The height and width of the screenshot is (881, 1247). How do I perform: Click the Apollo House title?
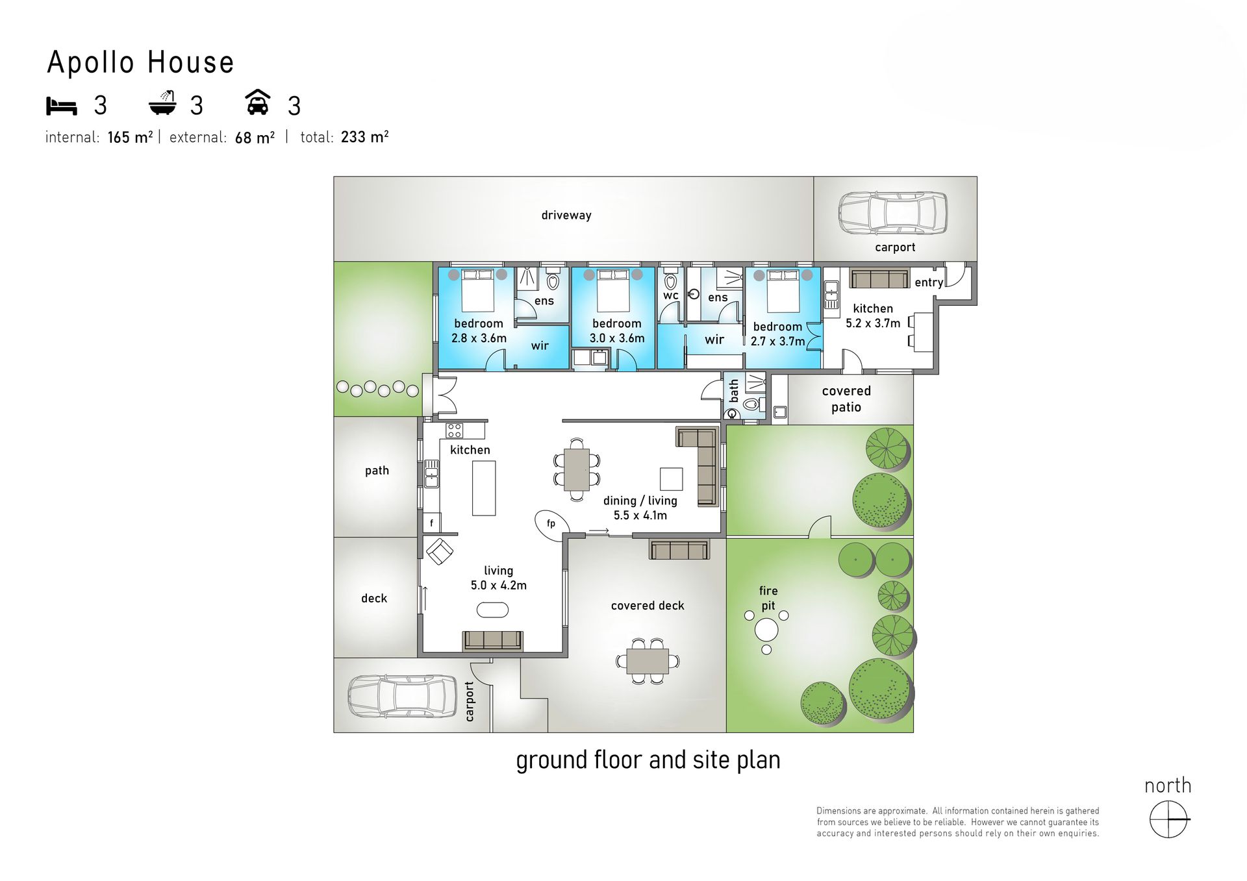pos(140,62)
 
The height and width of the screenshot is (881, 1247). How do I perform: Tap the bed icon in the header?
pos(62,106)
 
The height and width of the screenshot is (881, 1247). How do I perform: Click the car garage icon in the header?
pos(258,102)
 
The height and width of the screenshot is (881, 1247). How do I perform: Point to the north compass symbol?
pos(1168,819)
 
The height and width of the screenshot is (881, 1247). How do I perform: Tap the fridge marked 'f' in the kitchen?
pos(432,523)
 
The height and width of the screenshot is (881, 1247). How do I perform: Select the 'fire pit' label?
pos(768,598)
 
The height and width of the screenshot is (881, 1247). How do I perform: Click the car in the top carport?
pos(892,212)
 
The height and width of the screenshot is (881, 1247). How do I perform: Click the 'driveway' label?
pos(566,215)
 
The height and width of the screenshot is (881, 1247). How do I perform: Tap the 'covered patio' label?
pos(846,399)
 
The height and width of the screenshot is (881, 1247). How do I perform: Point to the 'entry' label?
pos(929,282)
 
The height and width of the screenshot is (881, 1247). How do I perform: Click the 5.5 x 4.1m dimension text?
pos(640,515)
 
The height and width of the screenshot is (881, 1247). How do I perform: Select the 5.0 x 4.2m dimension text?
pos(499,585)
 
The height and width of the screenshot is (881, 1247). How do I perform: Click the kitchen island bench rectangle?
pos(484,488)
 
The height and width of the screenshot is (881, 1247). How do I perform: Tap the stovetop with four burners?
pos(455,430)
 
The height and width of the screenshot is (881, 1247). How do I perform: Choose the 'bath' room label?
pos(734,391)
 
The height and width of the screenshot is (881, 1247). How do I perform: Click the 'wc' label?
pos(671,295)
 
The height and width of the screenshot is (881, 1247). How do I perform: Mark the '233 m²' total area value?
pos(364,137)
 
